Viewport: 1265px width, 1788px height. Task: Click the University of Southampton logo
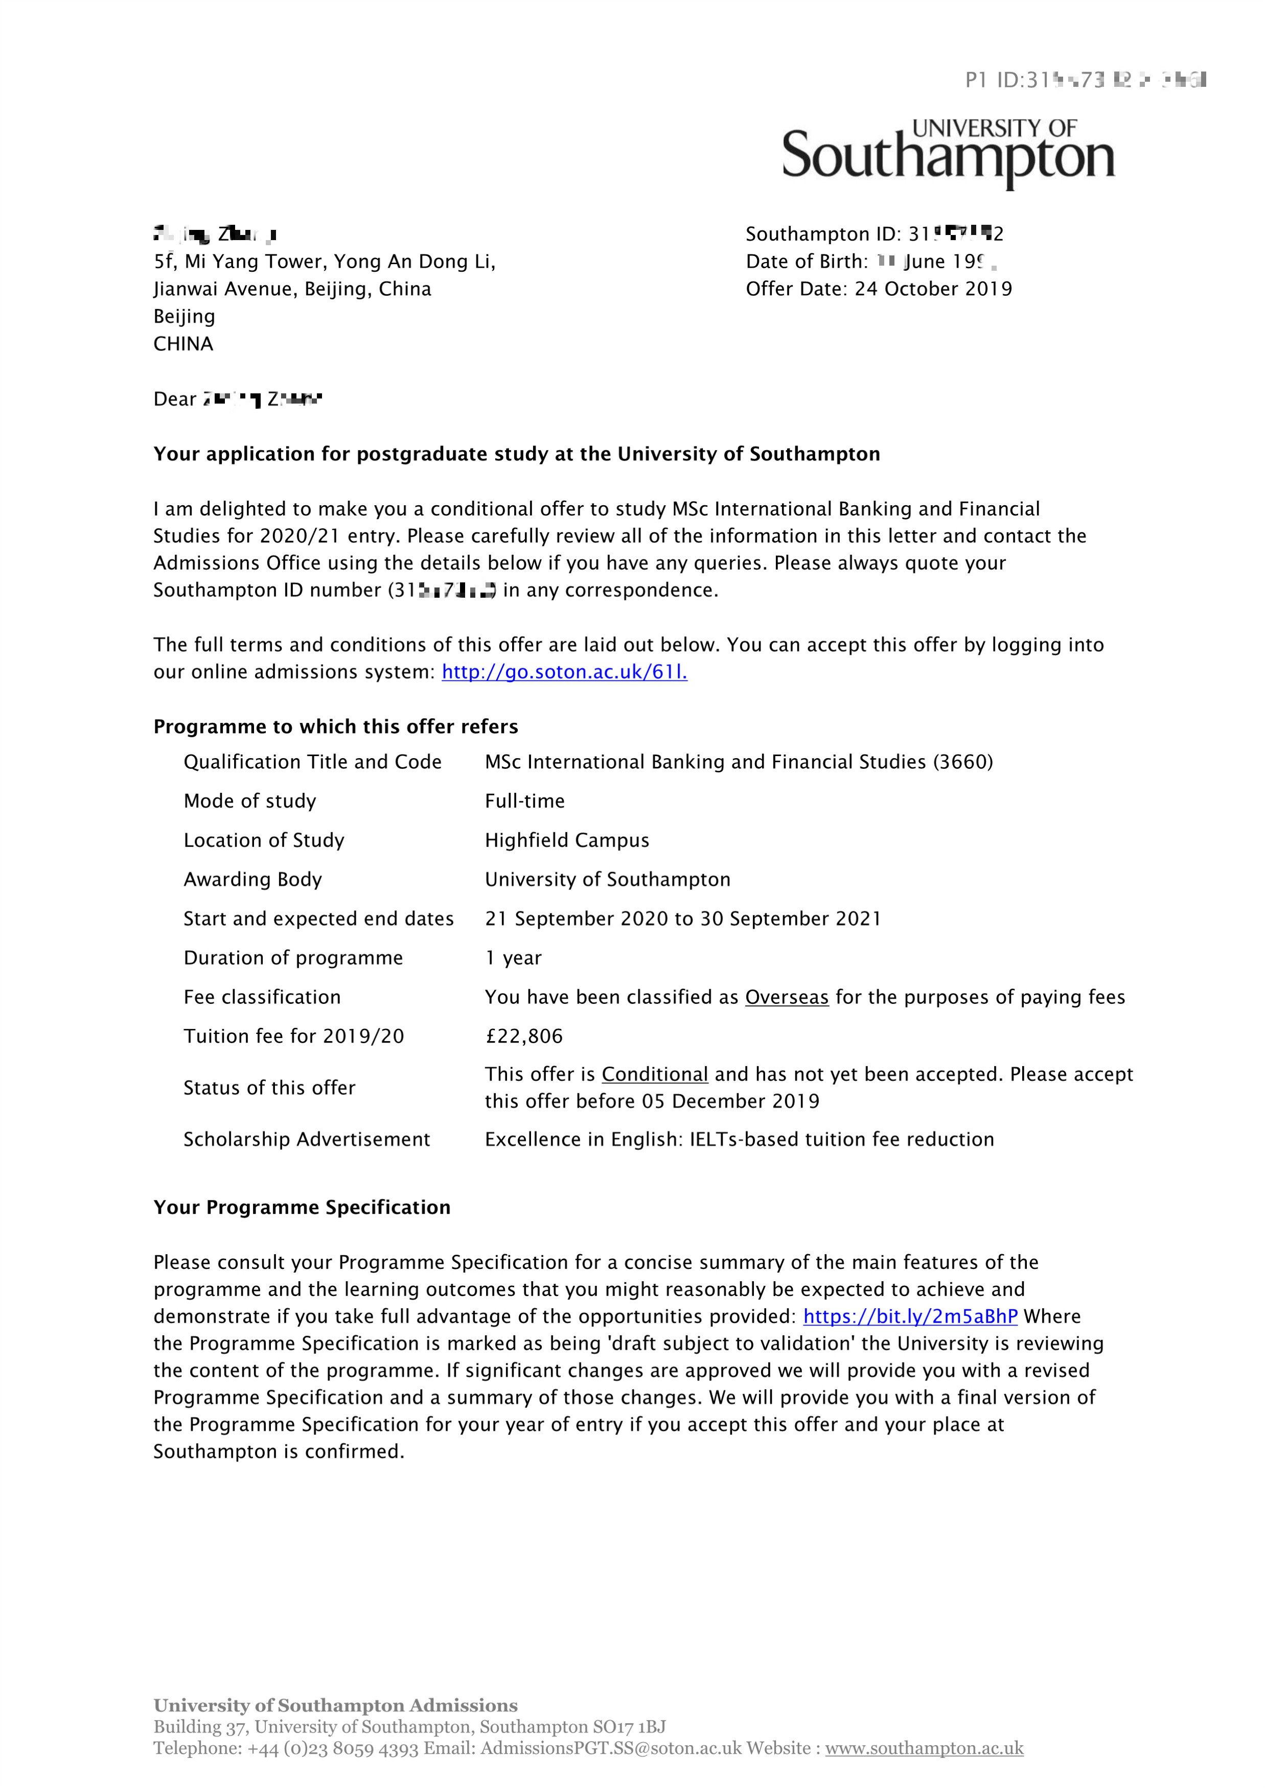tap(948, 153)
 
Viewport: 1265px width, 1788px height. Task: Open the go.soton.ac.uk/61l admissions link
tap(564, 672)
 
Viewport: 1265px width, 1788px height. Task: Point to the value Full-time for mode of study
tap(524, 802)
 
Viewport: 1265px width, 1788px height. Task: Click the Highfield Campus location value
tap(566, 840)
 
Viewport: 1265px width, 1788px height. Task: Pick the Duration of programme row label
tap(293, 958)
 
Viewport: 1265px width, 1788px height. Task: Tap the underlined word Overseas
tap(786, 998)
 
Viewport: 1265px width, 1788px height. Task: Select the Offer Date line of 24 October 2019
tap(879, 289)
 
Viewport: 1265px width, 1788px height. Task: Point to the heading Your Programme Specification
tap(302, 1208)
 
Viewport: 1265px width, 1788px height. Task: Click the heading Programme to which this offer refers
tap(336, 726)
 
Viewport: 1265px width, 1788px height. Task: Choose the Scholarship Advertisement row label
tap(306, 1140)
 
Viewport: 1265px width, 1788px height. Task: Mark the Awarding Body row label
tap(252, 880)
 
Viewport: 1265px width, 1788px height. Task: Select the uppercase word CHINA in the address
tap(183, 344)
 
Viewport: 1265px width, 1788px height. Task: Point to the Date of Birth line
tap(870, 262)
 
